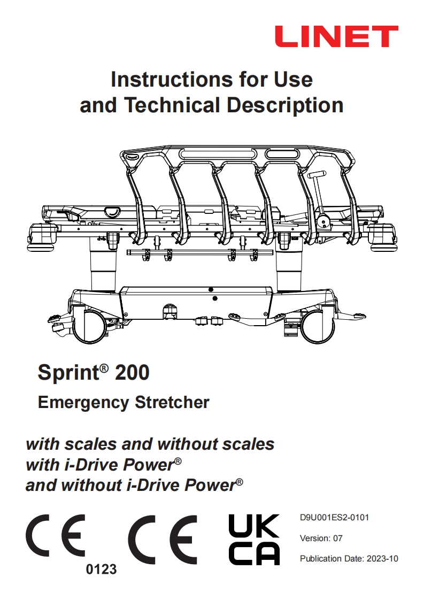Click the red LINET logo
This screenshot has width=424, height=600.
(336, 36)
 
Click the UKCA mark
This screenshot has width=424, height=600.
(254, 540)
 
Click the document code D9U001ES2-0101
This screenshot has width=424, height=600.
(334, 518)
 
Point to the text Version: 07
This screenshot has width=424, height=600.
(321, 538)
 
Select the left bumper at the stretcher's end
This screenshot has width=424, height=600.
(42, 236)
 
